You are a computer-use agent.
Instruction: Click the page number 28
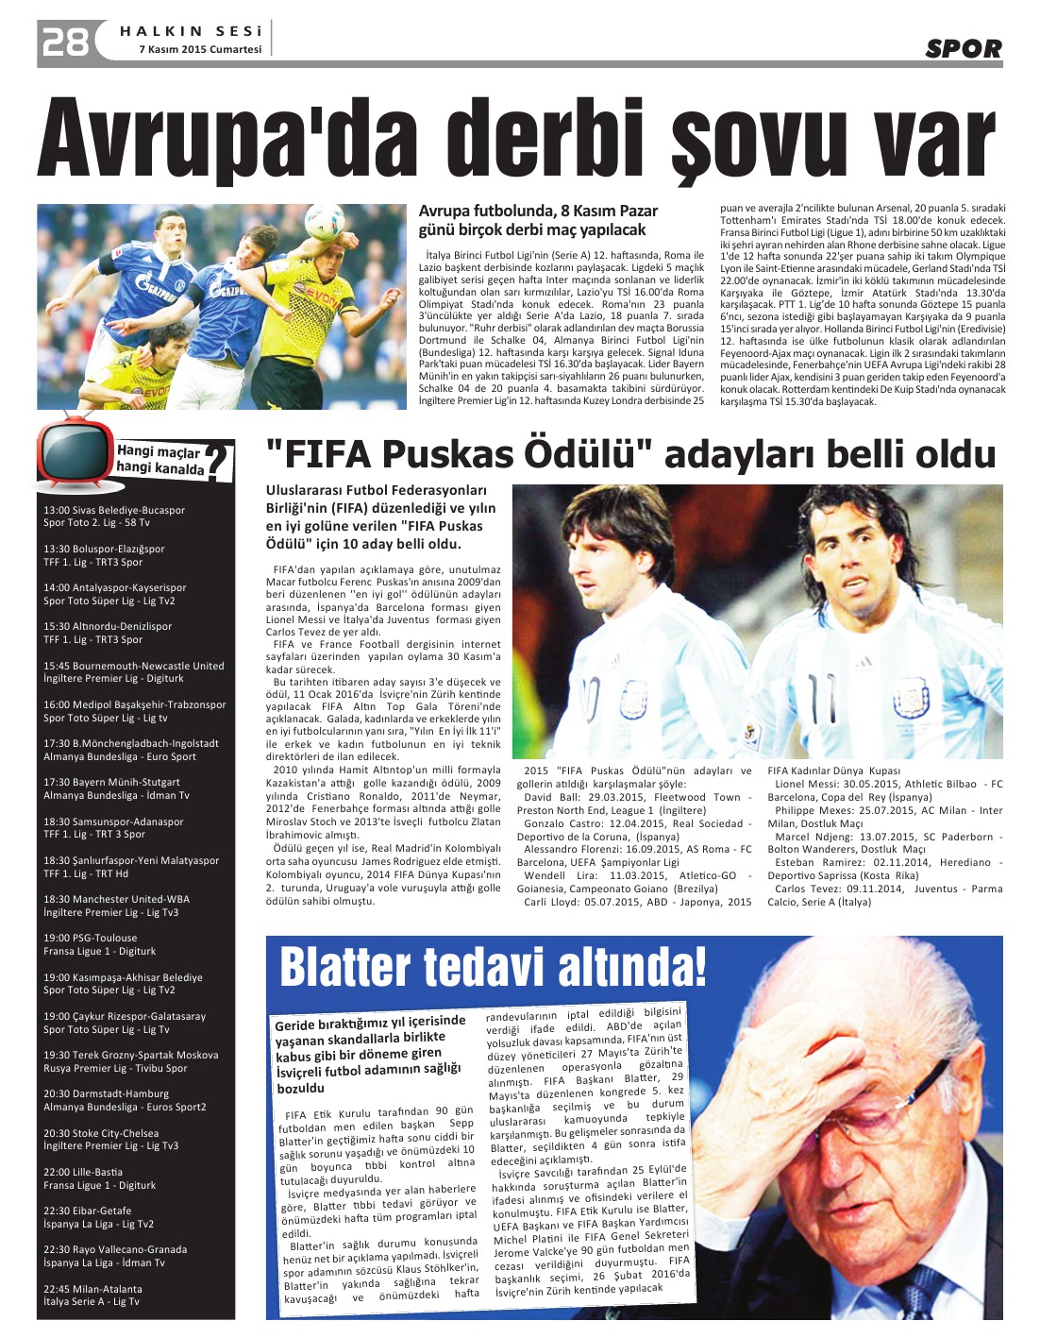point(63,42)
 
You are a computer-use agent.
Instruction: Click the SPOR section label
point(963,48)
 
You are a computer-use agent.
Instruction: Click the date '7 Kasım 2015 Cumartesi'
point(200,50)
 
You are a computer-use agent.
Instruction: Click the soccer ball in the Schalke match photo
point(324,222)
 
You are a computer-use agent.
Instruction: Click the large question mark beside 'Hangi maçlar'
point(219,462)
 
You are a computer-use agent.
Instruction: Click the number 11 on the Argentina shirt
point(825,702)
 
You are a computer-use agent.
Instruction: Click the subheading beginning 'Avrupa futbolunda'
point(538,220)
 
